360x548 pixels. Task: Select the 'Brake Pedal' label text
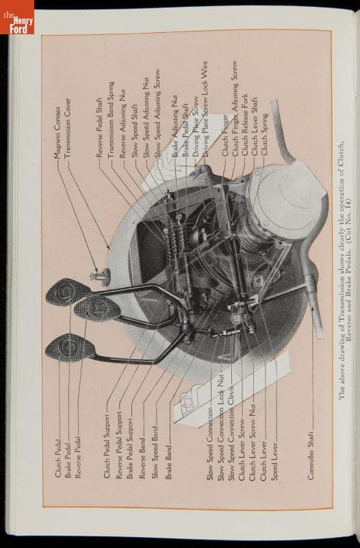tap(68, 460)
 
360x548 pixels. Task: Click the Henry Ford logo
tap(17, 17)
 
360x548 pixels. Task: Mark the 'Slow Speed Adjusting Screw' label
tap(158, 114)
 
